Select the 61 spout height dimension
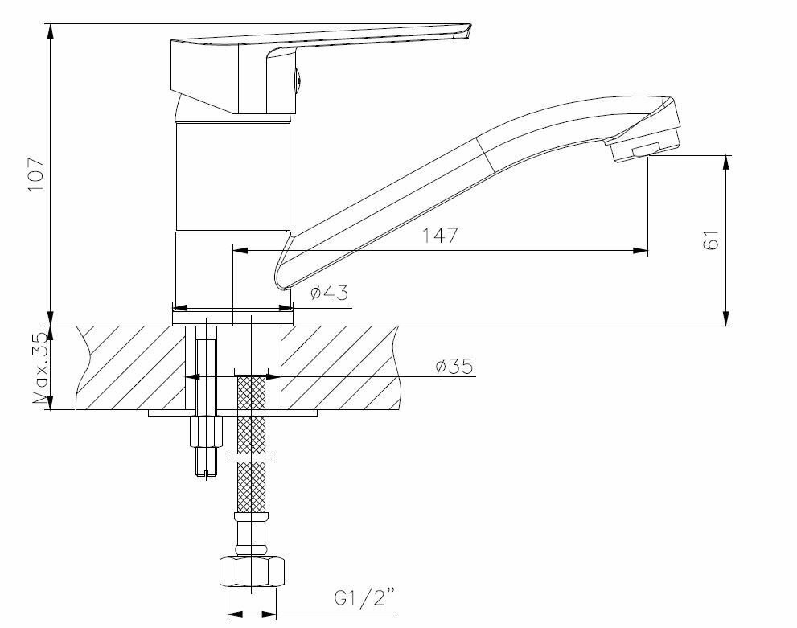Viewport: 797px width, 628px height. pyautogui.click(x=709, y=240)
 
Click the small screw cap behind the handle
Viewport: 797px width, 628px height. pyautogui.click(x=297, y=80)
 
